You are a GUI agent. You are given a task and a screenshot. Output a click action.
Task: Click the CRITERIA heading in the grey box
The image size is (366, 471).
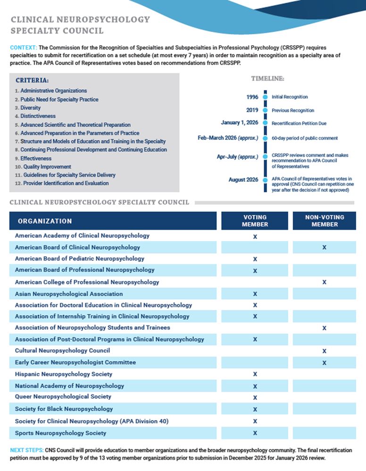(x=32, y=81)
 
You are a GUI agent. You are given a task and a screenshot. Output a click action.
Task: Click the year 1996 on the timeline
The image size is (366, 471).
(x=252, y=97)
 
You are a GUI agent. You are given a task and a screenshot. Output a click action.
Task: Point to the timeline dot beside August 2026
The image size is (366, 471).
(x=265, y=179)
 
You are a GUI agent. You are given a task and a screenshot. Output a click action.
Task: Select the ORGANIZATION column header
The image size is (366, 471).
(x=45, y=221)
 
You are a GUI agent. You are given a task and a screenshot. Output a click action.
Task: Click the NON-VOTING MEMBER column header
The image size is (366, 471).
(x=324, y=221)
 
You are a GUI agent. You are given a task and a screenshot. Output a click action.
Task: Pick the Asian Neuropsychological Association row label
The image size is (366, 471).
(x=69, y=294)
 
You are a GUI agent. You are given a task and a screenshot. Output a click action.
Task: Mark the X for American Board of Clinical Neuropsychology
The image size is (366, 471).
(x=324, y=247)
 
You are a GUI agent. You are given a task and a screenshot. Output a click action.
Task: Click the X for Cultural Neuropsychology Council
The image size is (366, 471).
(x=324, y=351)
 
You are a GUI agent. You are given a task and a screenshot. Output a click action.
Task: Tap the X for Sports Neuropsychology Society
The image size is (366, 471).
(x=255, y=433)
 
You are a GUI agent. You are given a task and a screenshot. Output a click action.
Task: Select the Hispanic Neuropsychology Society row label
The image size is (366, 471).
(x=64, y=374)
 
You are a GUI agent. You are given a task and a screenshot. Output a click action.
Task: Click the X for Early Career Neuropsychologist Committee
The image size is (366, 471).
(x=324, y=363)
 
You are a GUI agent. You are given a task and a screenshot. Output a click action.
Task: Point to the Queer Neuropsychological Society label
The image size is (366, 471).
(x=63, y=397)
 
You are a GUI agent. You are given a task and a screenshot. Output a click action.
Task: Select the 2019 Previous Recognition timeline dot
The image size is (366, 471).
(x=265, y=110)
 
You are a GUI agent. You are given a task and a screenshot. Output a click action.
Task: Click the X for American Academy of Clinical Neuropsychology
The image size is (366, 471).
(x=255, y=236)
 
